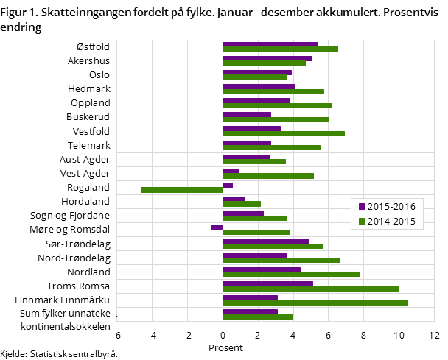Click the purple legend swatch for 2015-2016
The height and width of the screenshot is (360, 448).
[362, 207]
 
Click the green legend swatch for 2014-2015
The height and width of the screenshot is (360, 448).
[362, 221]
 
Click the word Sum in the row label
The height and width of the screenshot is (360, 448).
[29, 314]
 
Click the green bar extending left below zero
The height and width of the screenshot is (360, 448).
[181, 190]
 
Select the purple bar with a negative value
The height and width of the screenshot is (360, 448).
[217, 227]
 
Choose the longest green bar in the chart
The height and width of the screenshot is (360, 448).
[315, 303]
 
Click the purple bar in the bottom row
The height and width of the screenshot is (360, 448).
[250, 311]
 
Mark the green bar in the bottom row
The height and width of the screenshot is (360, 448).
[257, 317]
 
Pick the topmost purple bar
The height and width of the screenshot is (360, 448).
[270, 44]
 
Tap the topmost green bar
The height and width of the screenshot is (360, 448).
[280, 49]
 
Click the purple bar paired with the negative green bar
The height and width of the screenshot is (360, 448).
[228, 185]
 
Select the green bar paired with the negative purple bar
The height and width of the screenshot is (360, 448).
[256, 233]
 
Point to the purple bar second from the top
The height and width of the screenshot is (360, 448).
[267, 58]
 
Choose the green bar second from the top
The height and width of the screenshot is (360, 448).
[264, 63]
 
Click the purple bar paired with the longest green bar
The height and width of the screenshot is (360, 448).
[250, 297]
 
